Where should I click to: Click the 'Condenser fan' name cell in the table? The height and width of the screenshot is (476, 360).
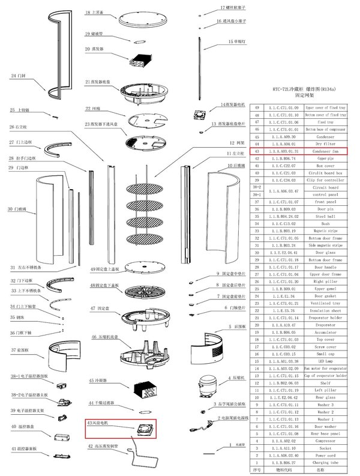click(x=326, y=151)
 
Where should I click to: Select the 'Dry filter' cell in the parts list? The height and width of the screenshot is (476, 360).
click(x=326, y=144)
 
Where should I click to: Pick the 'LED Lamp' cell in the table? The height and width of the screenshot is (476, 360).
click(x=326, y=361)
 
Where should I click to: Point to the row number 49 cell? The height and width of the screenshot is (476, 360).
click(x=257, y=107)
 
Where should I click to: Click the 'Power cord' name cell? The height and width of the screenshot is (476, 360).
click(x=326, y=455)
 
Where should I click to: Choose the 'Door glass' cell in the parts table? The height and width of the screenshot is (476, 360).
click(x=326, y=253)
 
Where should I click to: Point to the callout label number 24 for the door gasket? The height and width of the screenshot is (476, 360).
click(x=14, y=76)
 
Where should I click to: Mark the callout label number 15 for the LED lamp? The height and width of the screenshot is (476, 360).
click(x=231, y=41)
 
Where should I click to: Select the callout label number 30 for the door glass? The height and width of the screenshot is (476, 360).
click(x=10, y=209)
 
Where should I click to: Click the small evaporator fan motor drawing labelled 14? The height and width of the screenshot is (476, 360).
click(x=200, y=112)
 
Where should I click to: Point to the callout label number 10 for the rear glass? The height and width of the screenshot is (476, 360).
click(x=230, y=165)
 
